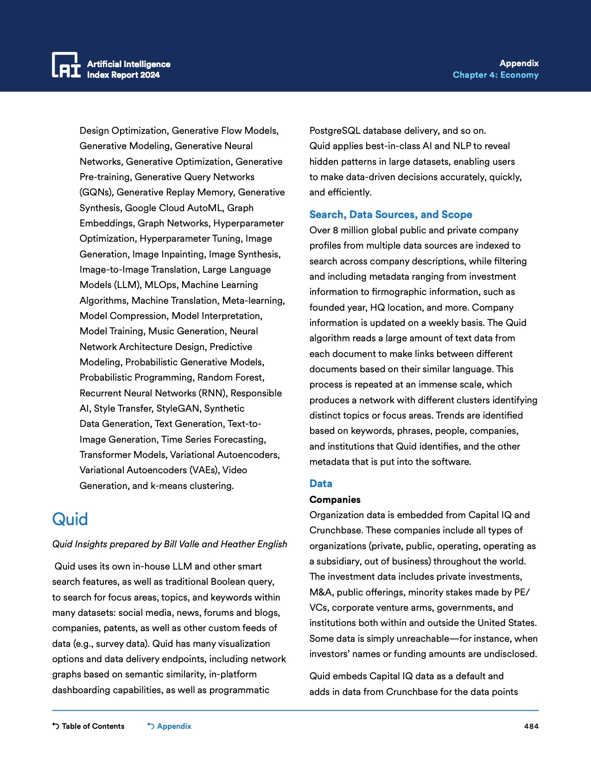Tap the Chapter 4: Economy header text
[x=495, y=75]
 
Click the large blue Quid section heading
[x=70, y=519]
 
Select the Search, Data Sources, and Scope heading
[x=390, y=214]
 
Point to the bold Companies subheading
[x=335, y=500]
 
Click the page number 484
[x=531, y=726]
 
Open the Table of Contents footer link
[x=89, y=726]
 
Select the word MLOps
[x=160, y=285]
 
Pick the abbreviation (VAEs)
[x=203, y=470]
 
